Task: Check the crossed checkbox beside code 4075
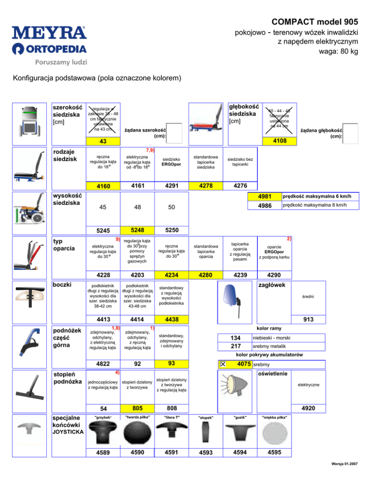click(223, 364)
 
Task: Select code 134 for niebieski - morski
click(236, 337)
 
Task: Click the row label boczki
click(62, 286)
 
